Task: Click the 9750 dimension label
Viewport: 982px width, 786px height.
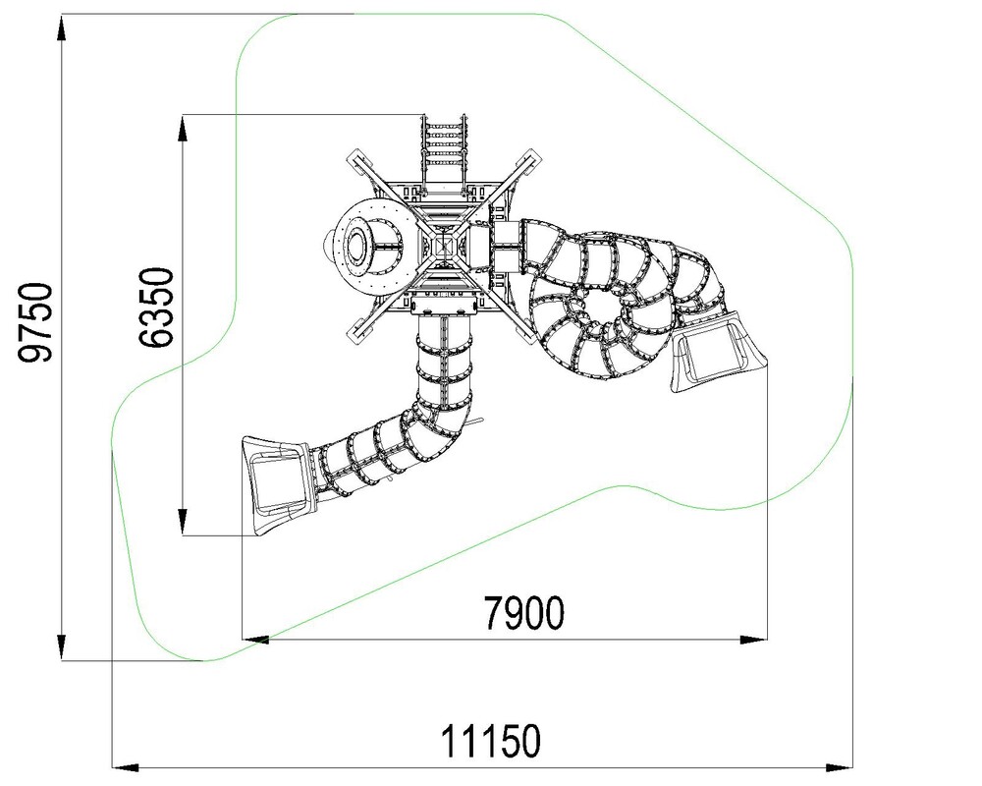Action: (x=35, y=322)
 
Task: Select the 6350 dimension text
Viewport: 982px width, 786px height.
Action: (x=155, y=308)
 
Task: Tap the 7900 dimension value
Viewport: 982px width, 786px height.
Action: (x=523, y=612)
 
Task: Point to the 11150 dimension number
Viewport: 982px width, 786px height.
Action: (x=490, y=742)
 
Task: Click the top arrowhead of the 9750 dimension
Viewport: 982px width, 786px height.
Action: (x=61, y=28)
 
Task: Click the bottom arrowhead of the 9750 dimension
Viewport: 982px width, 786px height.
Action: (x=61, y=646)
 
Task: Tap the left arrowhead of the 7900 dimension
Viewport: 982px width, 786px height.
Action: (x=255, y=640)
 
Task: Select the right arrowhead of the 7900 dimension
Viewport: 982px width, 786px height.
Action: (x=753, y=640)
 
